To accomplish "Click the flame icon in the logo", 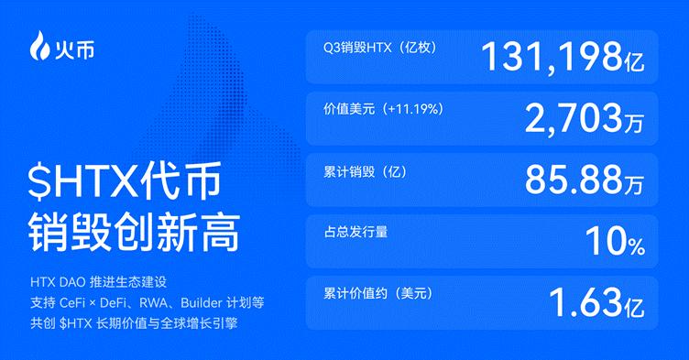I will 38,43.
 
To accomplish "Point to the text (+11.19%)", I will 415,108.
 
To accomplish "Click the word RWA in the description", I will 158,301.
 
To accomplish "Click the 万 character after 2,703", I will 634,124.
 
